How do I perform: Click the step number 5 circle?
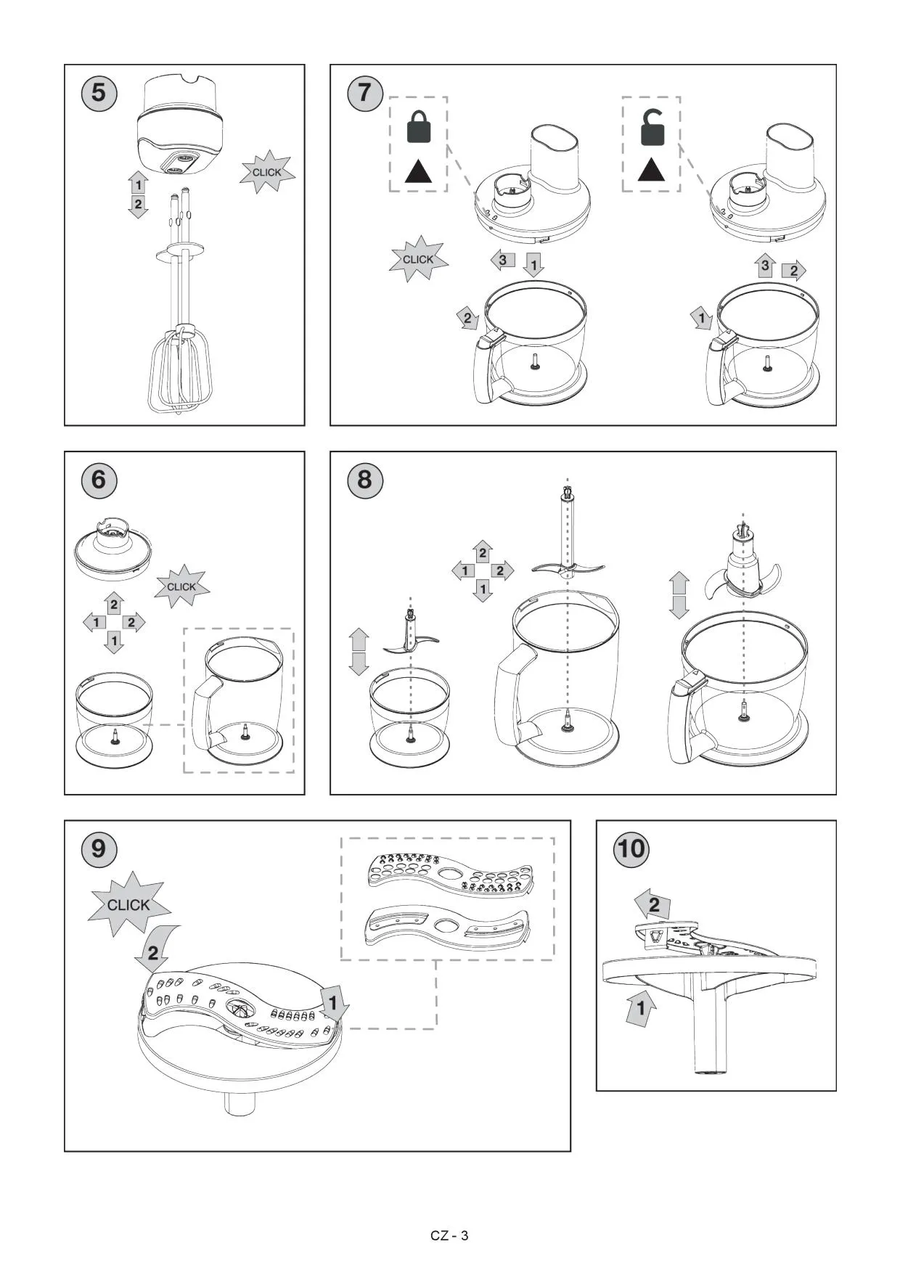pyautogui.click(x=99, y=93)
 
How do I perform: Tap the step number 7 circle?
pyautogui.click(x=364, y=93)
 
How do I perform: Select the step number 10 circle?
pyautogui.click(x=631, y=848)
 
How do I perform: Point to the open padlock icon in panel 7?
pyautogui.click(x=652, y=127)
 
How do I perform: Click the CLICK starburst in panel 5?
pyautogui.click(x=267, y=172)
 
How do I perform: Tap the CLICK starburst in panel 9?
pyautogui.click(x=129, y=904)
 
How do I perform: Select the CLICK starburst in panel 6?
pyautogui.click(x=181, y=586)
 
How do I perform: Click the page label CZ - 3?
pyautogui.click(x=449, y=1235)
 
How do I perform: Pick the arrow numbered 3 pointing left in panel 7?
pyautogui.click(x=502, y=260)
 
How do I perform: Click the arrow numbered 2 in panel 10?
pyautogui.click(x=653, y=905)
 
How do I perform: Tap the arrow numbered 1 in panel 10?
pyautogui.click(x=641, y=1008)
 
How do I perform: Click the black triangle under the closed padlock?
pyautogui.click(x=418, y=172)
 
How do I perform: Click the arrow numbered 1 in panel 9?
pyautogui.click(x=334, y=1004)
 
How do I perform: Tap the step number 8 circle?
pyautogui.click(x=364, y=480)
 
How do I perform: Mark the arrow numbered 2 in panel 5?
pyautogui.click(x=138, y=205)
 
